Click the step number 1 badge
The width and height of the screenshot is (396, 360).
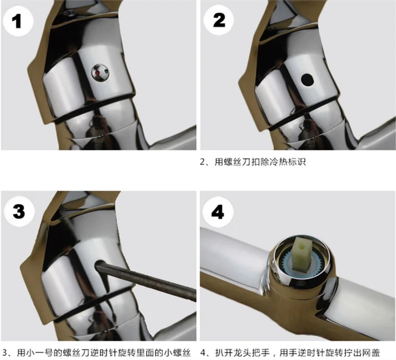click(x=18, y=22)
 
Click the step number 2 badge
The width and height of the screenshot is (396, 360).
click(x=219, y=20)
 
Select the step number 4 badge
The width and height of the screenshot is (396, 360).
click(x=218, y=212)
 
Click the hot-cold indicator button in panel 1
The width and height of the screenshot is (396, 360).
click(x=100, y=73)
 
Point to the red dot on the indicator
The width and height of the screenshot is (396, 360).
click(x=97, y=73)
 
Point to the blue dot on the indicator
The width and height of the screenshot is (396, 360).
click(x=106, y=72)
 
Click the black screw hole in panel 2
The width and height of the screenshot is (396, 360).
click(x=307, y=79)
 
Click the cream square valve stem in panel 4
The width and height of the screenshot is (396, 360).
click(x=302, y=252)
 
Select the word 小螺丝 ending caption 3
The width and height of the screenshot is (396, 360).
click(x=177, y=353)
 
